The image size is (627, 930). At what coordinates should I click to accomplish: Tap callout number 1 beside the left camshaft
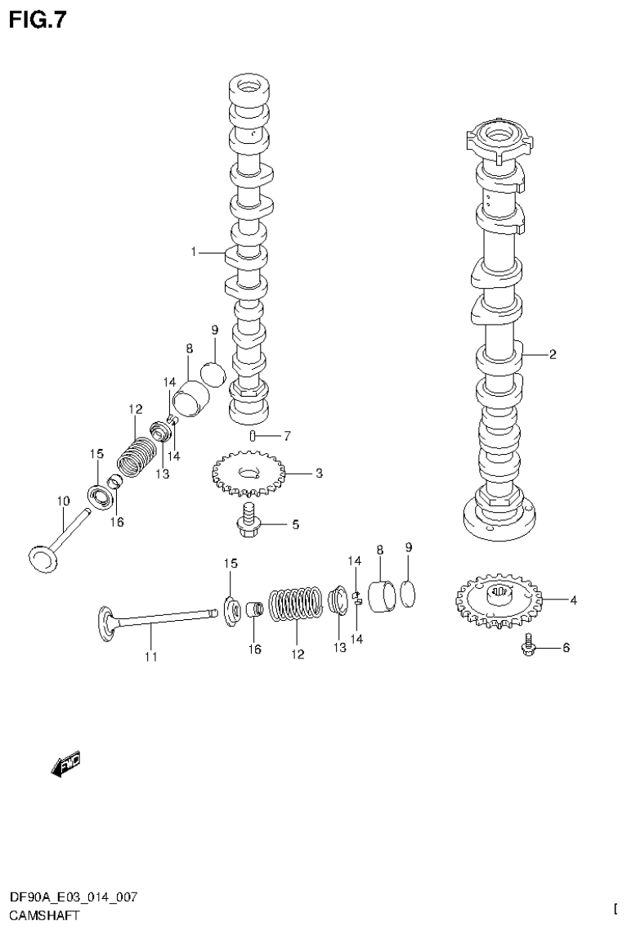[195, 252]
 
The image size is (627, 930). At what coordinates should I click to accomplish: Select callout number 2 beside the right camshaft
[553, 354]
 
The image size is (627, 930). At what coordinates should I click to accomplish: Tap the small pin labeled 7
[253, 434]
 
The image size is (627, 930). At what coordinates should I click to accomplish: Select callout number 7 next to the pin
[286, 435]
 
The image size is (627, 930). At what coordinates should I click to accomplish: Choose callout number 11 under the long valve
[150, 656]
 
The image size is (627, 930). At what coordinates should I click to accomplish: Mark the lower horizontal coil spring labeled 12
[296, 613]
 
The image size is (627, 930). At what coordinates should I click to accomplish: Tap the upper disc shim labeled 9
[212, 371]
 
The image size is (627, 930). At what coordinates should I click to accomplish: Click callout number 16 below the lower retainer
[254, 649]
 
